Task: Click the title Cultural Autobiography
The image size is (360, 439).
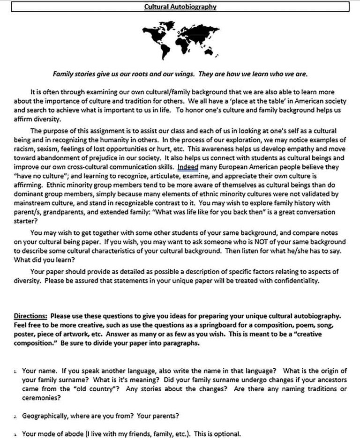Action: click(180, 7)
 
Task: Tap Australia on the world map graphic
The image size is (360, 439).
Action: click(210, 51)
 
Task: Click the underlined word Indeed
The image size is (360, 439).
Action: click(188, 166)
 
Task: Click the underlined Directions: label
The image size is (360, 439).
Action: click(30, 315)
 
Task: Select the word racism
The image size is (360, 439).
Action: click(24, 149)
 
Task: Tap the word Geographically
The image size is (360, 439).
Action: click(45, 416)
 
